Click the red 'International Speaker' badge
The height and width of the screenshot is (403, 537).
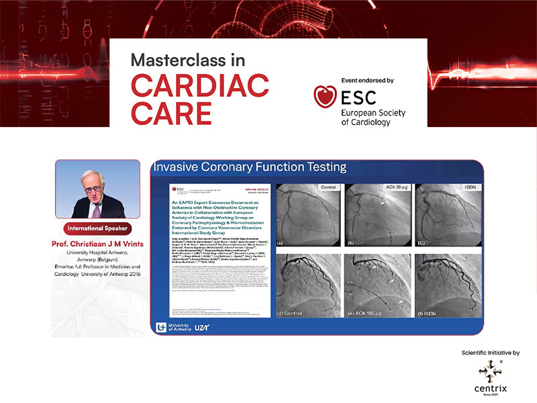(x=97, y=228)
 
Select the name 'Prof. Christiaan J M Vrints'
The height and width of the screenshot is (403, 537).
(x=97, y=242)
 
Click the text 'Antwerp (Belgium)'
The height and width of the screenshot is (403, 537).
(x=97, y=260)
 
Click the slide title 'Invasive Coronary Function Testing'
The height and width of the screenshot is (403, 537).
(x=249, y=167)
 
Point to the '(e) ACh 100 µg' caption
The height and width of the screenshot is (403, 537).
(x=374, y=314)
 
